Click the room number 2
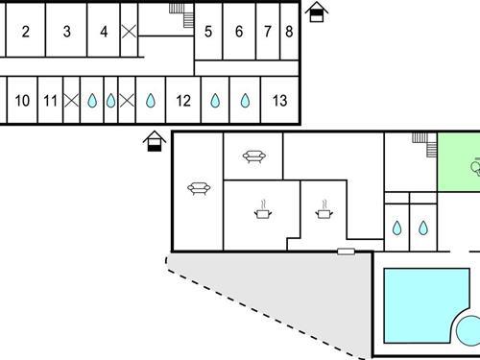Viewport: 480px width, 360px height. click(x=25, y=31)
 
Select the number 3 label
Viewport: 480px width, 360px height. click(x=66, y=31)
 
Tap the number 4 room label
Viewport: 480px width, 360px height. click(x=104, y=31)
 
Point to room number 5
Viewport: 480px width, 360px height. click(x=208, y=31)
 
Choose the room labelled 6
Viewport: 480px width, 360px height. click(x=239, y=31)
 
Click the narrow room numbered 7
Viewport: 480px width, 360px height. click(x=267, y=31)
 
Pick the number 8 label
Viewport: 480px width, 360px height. click(x=289, y=31)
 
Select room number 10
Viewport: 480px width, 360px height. click(x=23, y=100)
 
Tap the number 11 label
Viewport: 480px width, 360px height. click(x=51, y=100)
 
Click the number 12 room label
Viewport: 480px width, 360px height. click(x=183, y=100)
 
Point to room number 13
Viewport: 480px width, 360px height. click(x=279, y=100)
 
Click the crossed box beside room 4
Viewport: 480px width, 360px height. click(x=130, y=31)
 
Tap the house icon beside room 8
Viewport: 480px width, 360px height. click(x=318, y=12)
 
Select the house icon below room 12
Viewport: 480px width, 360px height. click(x=152, y=142)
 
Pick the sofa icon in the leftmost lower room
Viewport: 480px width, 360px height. click(x=200, y=188)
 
